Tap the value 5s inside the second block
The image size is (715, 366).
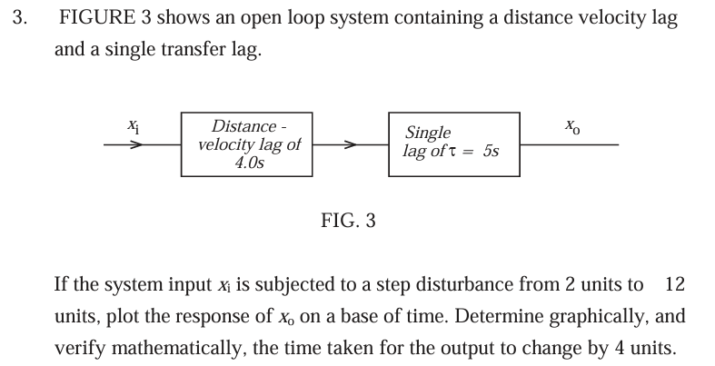click(492, 151)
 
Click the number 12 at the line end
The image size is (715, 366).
click(675, 285)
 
